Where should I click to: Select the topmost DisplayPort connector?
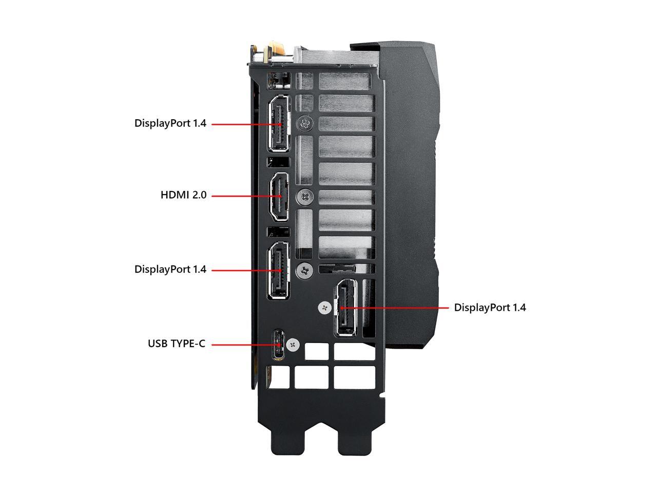[278, 124]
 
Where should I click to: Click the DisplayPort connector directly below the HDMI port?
[278, 270]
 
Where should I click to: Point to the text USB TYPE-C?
[177, 344]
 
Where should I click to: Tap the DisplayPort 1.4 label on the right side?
[490, 308]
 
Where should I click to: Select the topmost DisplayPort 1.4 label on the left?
[170, 123]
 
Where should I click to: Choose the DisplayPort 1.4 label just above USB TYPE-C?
[170, 269]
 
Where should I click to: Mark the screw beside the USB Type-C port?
[294, 345]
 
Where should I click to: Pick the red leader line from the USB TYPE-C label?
[241, 345]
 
